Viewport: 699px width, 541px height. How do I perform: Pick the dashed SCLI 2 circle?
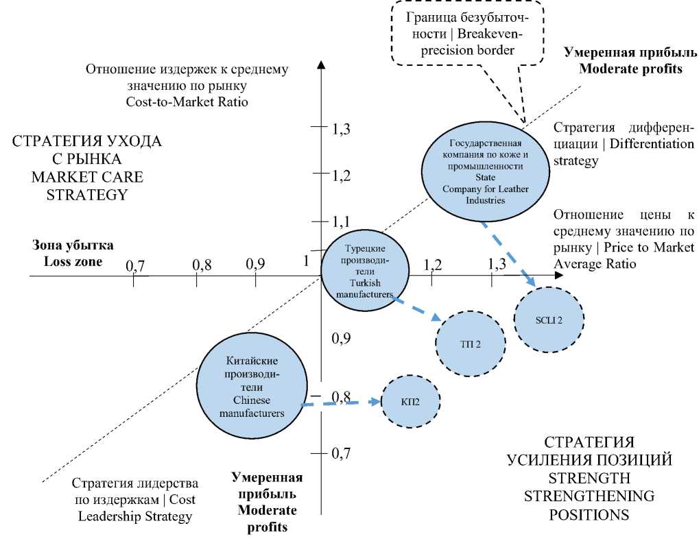click(x=548, y=319)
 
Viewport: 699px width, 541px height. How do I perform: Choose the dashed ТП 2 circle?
click(x=471, y=343)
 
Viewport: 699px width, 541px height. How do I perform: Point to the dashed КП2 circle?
click(x=410, y=401)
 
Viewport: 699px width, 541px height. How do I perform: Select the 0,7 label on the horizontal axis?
click(x=134, y=265)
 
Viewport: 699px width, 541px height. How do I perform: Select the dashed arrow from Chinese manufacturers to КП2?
click(x=341, y=403)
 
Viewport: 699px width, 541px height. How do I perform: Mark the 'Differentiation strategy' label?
click(x=624, y=144)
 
